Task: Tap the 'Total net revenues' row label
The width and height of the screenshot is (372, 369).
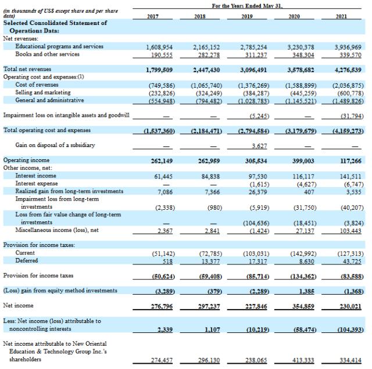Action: [x=28, y=69]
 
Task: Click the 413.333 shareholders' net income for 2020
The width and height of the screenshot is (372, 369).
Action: [x=298, y=361]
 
